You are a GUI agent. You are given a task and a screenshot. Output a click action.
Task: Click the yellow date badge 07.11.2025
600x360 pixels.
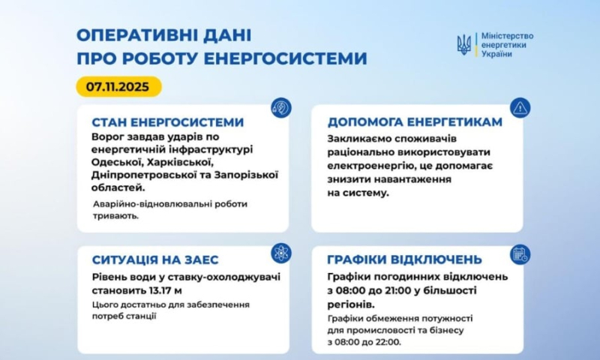click(118, 86)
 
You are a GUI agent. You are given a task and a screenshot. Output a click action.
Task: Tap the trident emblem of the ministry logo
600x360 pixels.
click(464, 45)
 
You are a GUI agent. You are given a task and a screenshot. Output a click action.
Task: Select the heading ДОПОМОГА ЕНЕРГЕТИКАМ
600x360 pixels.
click(411, 122)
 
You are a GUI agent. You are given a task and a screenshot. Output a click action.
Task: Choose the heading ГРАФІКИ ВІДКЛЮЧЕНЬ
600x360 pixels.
click(404, 259)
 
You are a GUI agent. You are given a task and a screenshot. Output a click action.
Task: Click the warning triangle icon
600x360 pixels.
click(520, 108)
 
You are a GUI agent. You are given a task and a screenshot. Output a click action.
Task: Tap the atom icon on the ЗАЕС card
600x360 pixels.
click(281, 253)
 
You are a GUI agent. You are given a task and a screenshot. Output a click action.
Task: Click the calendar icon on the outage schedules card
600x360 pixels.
click(520, 253)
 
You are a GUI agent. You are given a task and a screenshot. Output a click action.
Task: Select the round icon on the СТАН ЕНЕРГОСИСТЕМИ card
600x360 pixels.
click(281, 108)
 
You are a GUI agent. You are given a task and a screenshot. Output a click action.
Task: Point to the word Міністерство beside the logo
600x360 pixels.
click(506, 35)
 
